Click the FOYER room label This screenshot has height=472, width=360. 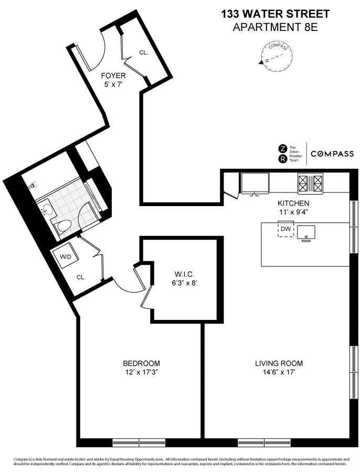[x=113, y=76]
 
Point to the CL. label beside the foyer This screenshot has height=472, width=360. [x=144, y=52]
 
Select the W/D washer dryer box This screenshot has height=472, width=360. [x=66, y=257]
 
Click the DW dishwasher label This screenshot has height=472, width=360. [x=285, y=229]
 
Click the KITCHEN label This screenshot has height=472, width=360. [x=293, y=203]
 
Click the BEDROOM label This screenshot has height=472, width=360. [x=141, y=363]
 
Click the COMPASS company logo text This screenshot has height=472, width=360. [x=332, y=154]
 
